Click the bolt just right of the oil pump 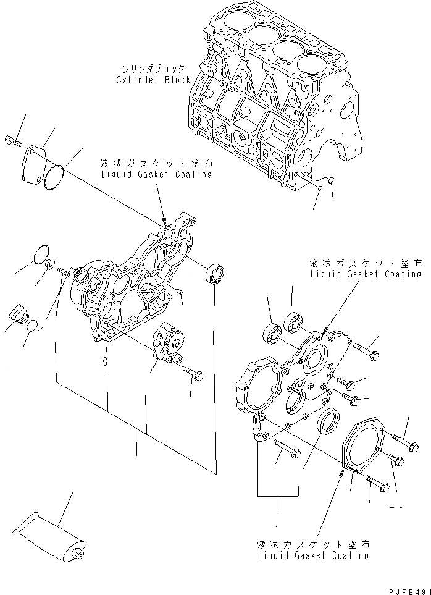click(192, 372)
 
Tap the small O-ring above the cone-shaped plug click(41, 253)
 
